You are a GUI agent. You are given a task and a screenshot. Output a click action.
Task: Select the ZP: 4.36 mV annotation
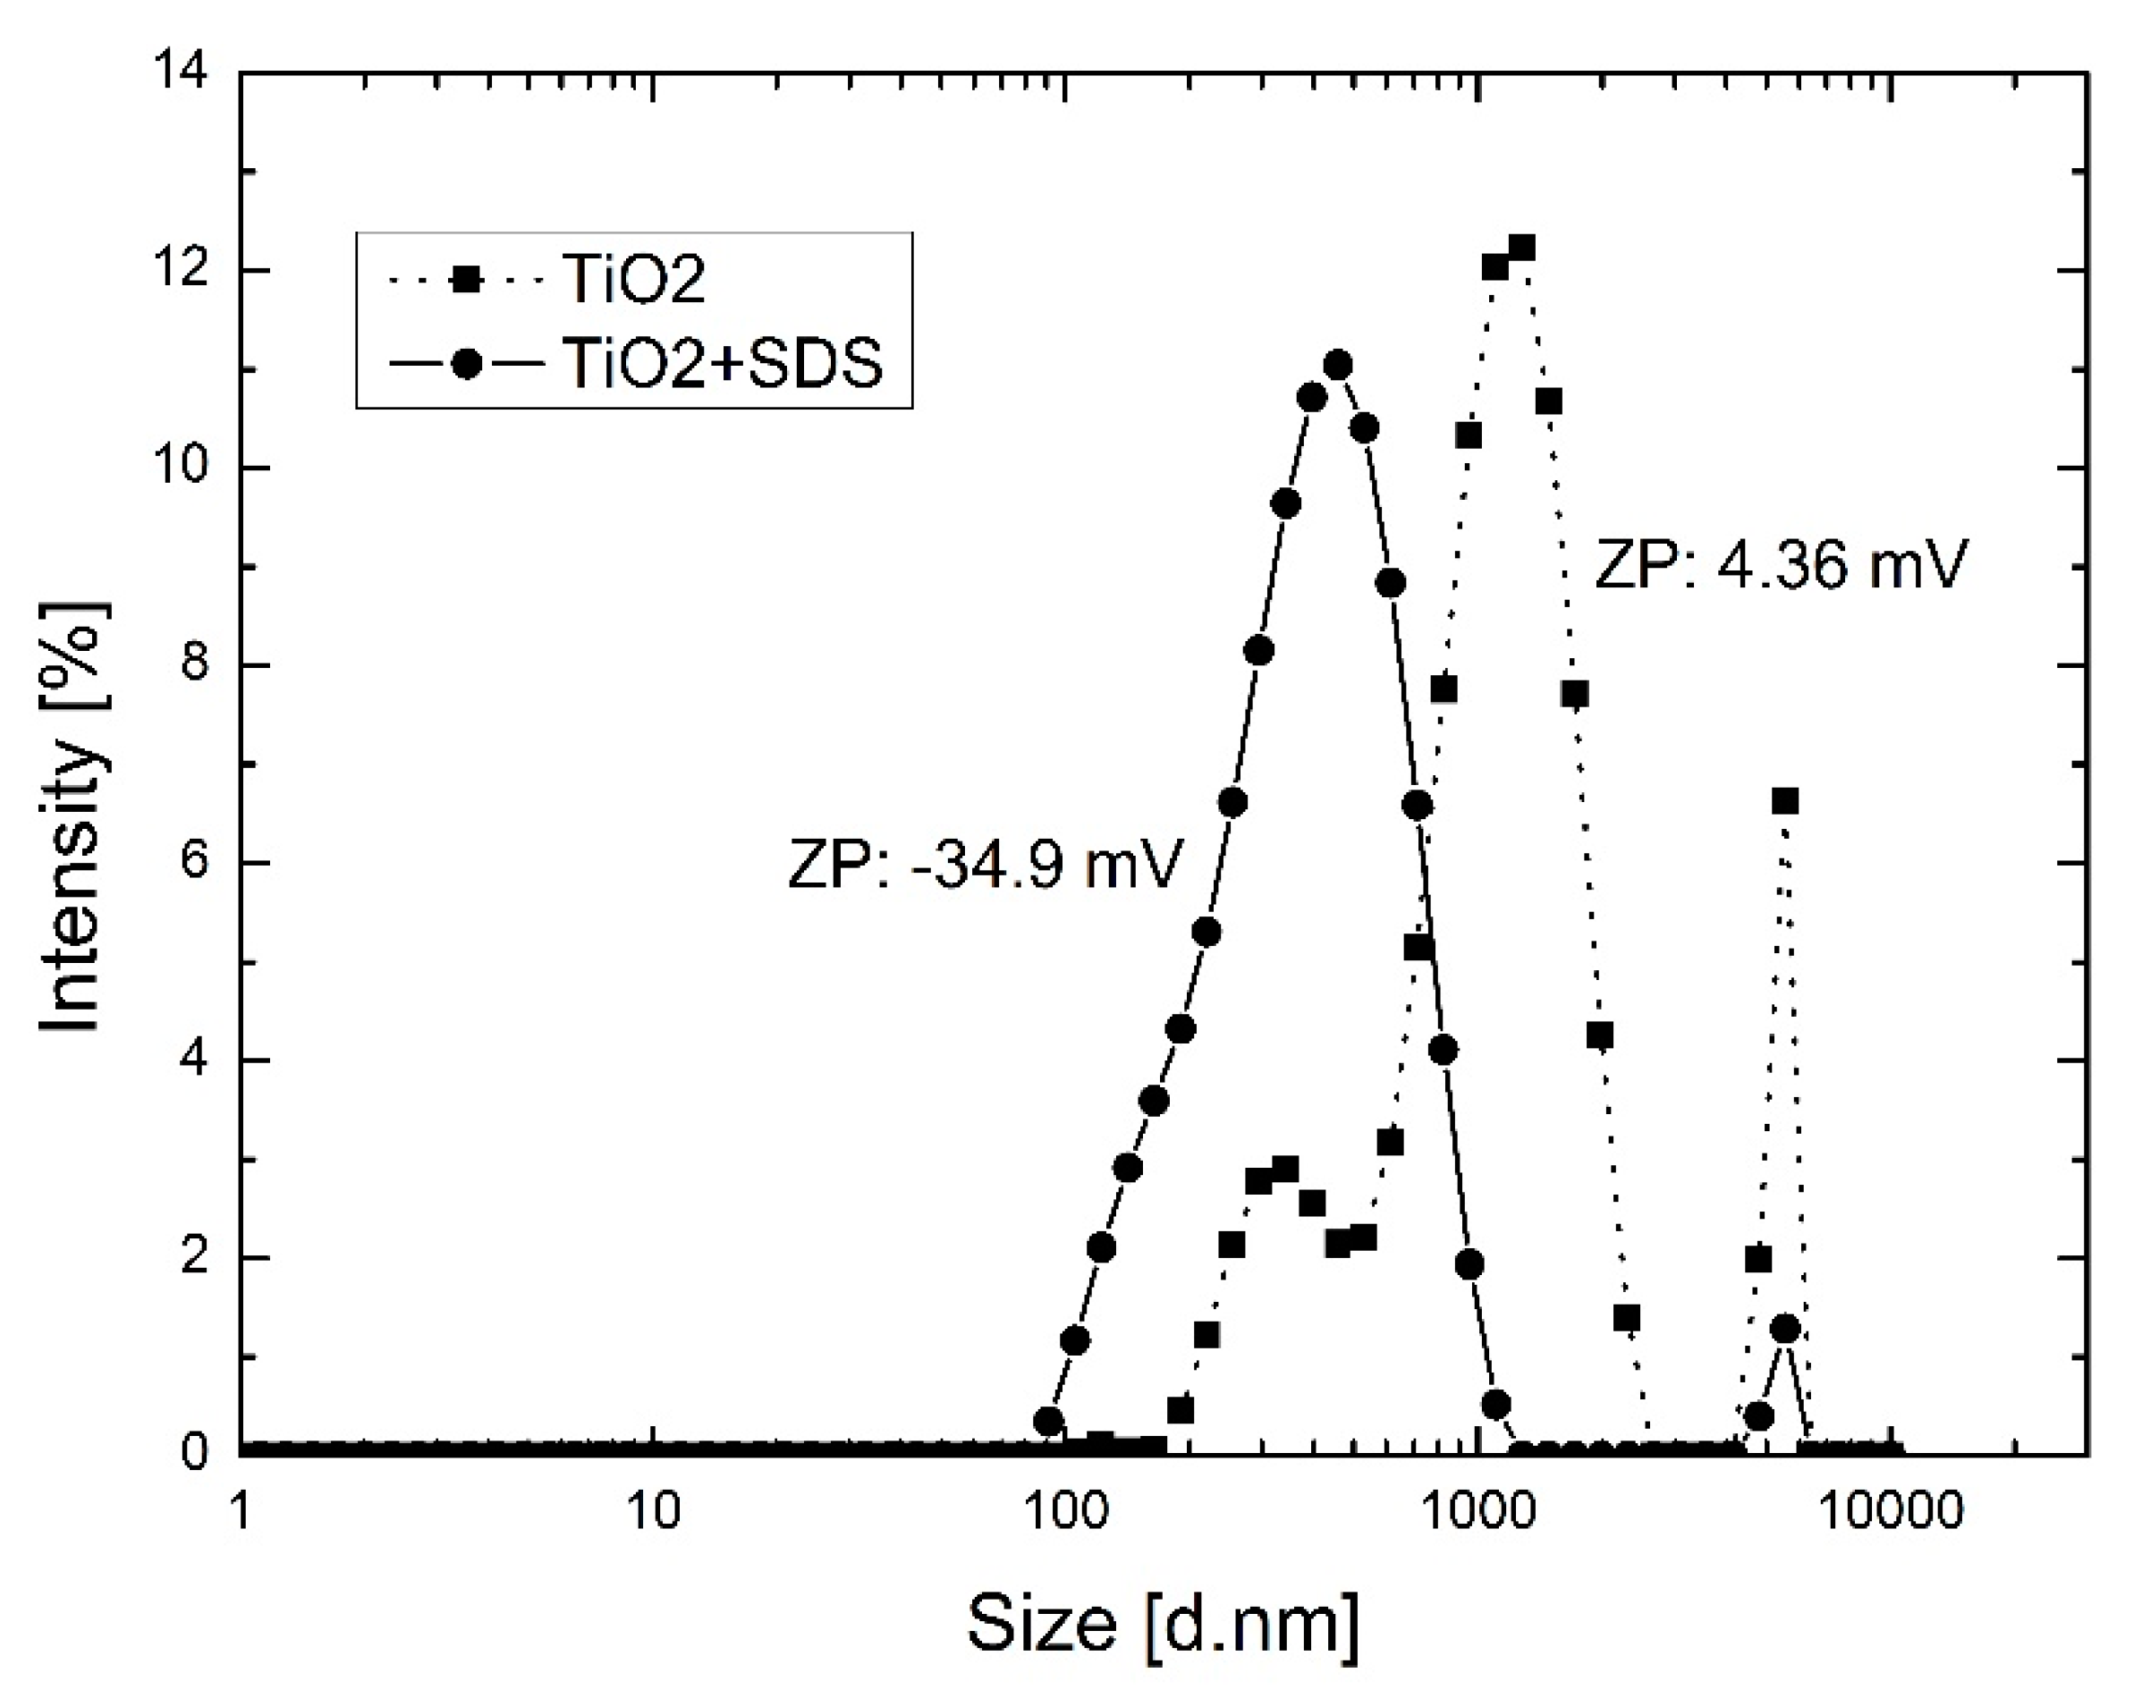tap(1781, 564)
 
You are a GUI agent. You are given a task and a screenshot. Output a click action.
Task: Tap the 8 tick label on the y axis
tap(195, 664)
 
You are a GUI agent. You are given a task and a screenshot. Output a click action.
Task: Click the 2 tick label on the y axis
tap(195, 1258)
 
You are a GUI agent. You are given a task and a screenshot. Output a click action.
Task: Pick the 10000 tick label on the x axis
tap(1892, 1512)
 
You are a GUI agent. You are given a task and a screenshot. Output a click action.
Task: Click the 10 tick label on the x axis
tap(653, 1512)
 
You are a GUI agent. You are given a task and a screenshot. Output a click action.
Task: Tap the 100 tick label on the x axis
tap(1065, 1512)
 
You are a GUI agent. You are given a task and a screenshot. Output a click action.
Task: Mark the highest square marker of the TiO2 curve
tap(1521, 248)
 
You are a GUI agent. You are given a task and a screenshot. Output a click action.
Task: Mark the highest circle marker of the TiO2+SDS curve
tap(1338, 366)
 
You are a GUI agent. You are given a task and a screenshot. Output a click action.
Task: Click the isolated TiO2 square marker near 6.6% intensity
tap(1785, 801)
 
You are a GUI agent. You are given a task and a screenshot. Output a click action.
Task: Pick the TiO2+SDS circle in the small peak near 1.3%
tap(1785, 1330)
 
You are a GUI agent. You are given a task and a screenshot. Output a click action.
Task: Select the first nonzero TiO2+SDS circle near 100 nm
tap(1049, 1421)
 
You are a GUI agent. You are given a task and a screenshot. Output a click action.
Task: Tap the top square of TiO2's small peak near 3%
tap(1284, 1170)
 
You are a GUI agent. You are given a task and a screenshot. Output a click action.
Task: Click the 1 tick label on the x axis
tap(241, 1512)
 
